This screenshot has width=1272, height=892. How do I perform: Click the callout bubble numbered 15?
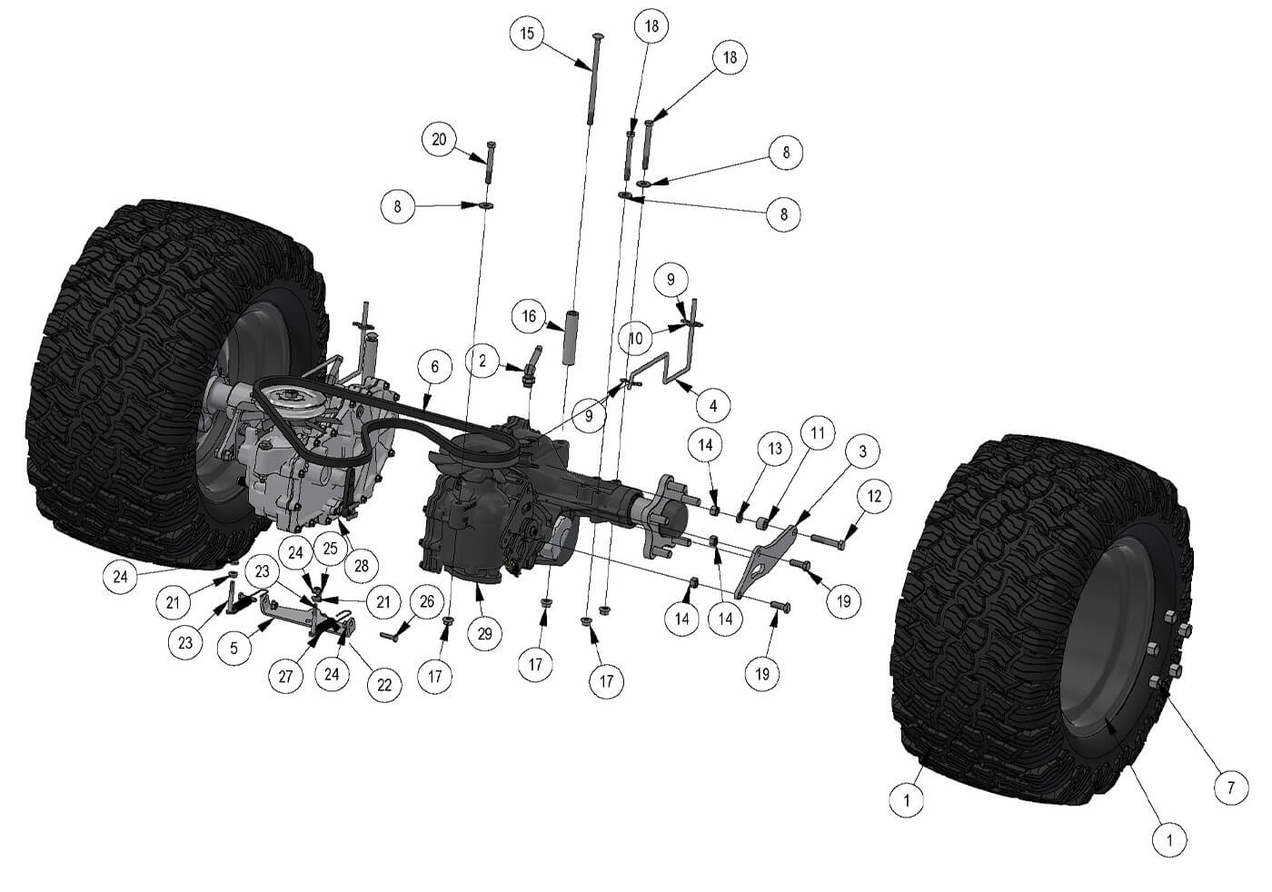pyautogui.click(x=527, y=34)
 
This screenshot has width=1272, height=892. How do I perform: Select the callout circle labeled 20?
pyautogui.click(x=440, y=140)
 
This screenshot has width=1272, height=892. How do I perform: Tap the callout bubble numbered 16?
pyautogui.click(x=530, y=317)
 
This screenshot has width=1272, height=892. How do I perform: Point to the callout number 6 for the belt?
pyautogui.click(x=435, y=367)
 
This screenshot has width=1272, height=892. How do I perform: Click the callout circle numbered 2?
pyautogui.click(x=482, y=361)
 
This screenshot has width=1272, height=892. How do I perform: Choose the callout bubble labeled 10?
pyautogui.click(x=636, y=338)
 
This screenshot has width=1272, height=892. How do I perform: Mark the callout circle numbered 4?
pyautogui.click(x=712, y=405)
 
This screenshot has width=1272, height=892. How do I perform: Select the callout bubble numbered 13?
pyautogui.click(x=775, y=449)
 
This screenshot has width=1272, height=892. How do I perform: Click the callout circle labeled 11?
pyautogui.click(x=818, y=432)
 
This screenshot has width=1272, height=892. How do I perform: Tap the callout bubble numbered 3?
pyautogui.click(x=862, y=451)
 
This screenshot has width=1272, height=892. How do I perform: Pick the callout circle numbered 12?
pyautogui.click(x=874, y=496)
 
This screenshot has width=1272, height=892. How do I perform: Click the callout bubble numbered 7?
pyautogui.click(x=1231, y=788)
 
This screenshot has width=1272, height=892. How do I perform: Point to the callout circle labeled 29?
pyautogui.click(x=484, y=634)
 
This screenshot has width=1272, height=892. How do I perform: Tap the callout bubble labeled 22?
pyautogui.click(x=384, y=684)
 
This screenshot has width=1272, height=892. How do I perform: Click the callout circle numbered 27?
pyautogui.click(x=286, y=677)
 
